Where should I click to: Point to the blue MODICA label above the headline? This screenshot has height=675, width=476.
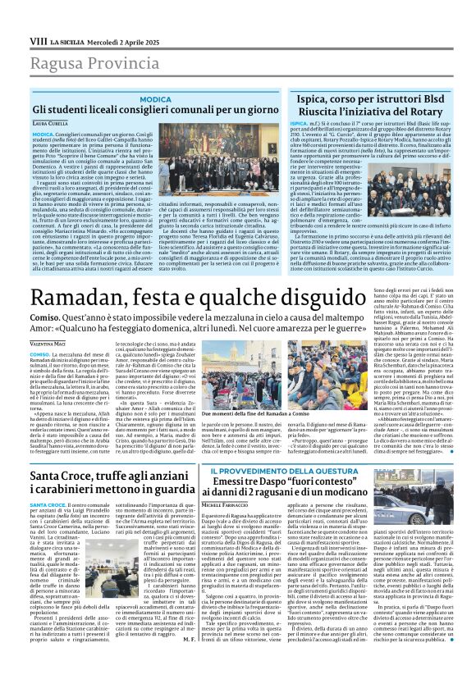pyautogui.click(x=155, y=98)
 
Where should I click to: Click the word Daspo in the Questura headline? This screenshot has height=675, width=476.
pyautogui.click(x=286, y=482)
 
